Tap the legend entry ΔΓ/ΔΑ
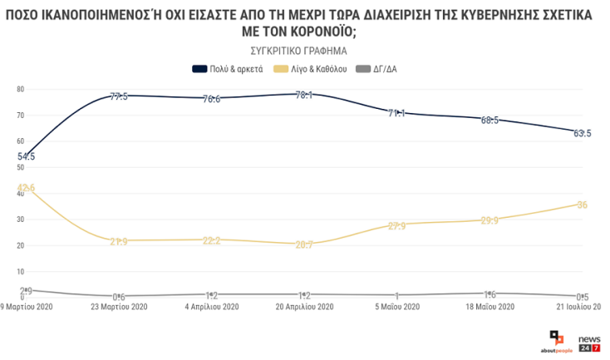(385, 69)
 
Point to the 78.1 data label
(304, 96)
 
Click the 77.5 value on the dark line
(119, 96)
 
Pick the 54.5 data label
(26, 156)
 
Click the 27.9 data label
(396, 225)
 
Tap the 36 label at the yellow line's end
(582, 205)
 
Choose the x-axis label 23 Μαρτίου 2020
(119, 308)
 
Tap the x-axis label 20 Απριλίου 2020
(304, 308)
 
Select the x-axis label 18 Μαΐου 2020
(489, 308)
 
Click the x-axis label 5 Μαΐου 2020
(396, 308)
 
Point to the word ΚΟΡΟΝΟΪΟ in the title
(316, 32)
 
